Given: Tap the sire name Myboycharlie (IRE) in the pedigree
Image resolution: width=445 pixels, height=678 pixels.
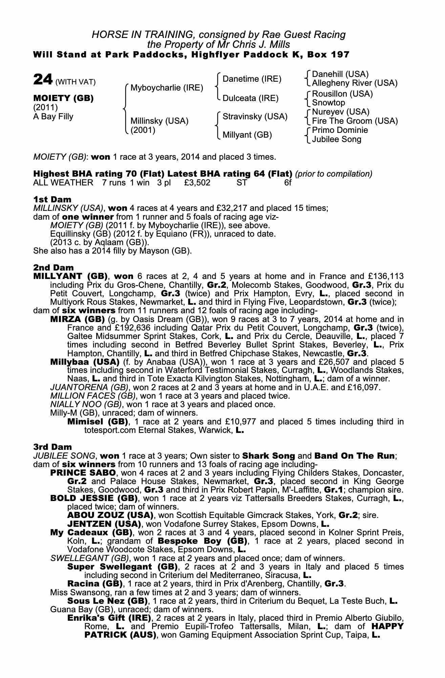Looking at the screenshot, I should (167, 88).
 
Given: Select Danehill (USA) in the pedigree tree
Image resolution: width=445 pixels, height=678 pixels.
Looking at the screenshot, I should (340, 74).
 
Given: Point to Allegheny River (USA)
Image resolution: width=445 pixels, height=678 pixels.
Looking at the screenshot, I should (355, 83).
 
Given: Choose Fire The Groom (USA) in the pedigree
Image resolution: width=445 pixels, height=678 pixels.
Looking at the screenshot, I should (355, 121).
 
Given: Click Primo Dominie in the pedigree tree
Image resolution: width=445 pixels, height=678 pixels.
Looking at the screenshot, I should (340, 130).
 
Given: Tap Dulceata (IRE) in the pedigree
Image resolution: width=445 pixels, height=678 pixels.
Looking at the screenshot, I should (250, 98).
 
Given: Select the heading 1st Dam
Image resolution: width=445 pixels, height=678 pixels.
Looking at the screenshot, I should (52, 199).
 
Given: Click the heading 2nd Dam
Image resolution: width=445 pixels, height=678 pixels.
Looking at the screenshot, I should (53, 268).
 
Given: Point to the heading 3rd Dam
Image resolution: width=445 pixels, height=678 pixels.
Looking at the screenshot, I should (52, 447).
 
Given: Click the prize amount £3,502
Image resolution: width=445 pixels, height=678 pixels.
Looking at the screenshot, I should (197, 183).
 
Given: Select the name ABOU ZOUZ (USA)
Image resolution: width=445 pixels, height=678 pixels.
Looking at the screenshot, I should (109, 515).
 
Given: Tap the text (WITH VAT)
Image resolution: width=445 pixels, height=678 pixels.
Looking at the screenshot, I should (76, 82).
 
